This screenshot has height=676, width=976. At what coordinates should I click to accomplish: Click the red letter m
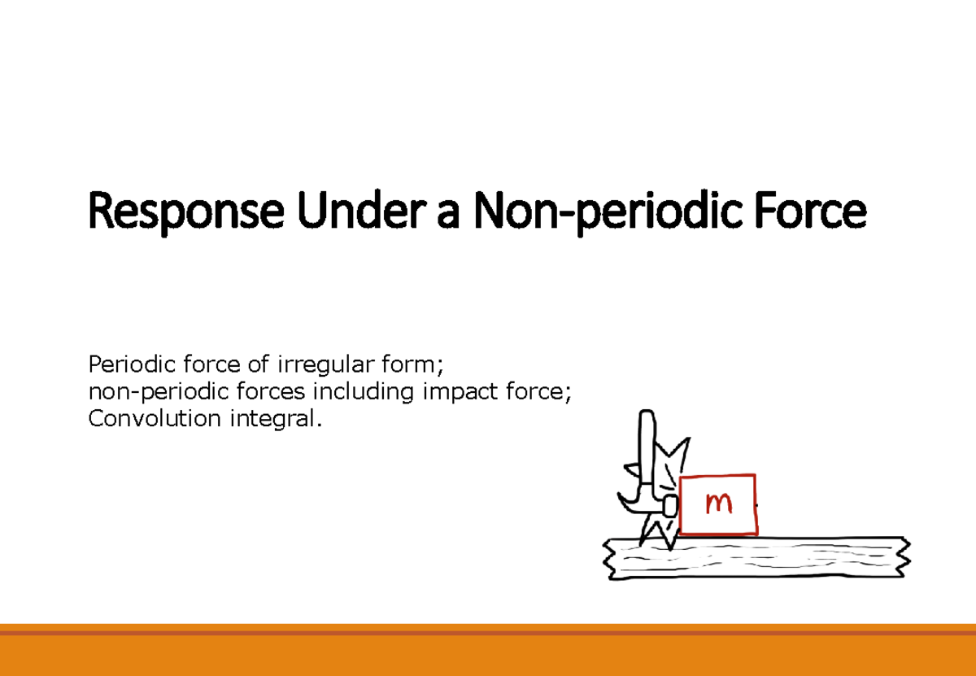718,504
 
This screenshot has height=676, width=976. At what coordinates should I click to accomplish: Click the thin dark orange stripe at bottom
488,632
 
